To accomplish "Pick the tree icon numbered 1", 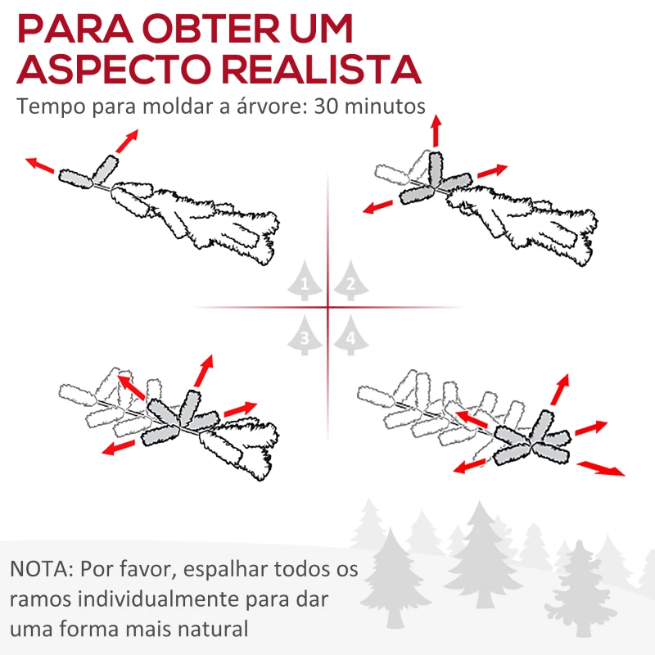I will (305, 282).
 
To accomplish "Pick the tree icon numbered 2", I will (350, 282).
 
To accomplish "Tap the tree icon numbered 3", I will (305, 334).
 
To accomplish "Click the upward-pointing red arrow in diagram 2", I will (436, 130).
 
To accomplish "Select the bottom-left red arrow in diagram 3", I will (120, 445).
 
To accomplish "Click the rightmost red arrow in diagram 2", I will (493, 171).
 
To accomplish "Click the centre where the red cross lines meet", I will (327, 308).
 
